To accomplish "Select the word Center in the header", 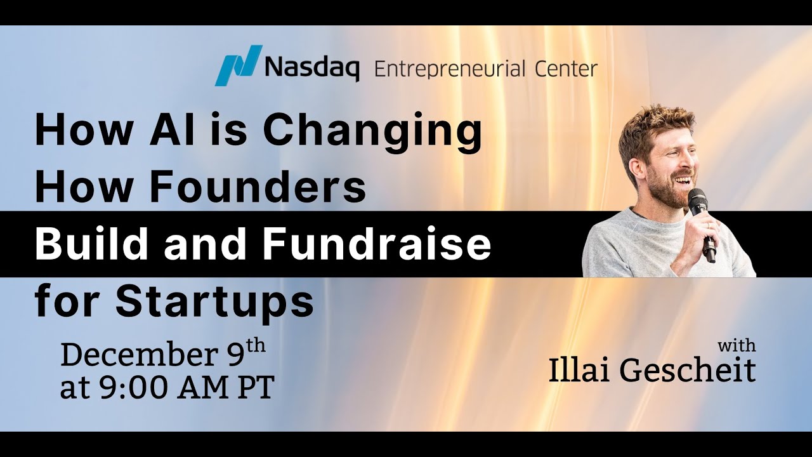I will pyautogui.click(x=565, y=68).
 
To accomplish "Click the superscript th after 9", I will pyautogui.click(x=255, y=348).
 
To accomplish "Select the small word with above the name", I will pyautogui.click(x=737, y=347).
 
